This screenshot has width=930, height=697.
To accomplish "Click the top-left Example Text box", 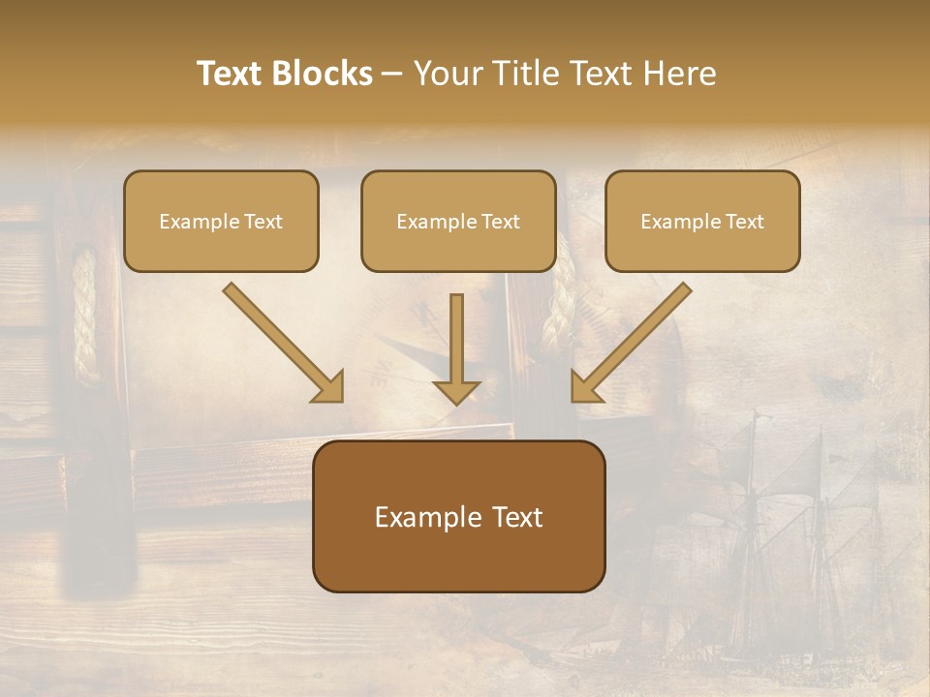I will point(221,221).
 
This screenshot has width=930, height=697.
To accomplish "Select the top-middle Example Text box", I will point(458,221).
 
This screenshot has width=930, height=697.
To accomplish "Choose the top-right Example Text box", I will point(702,221).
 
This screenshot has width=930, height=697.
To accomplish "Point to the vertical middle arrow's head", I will point(456,390).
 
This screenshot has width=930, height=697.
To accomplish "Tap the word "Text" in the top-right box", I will point(745,222).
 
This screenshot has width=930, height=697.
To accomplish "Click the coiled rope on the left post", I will point(85,315).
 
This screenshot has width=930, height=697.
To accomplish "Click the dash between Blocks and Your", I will point(392,74).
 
